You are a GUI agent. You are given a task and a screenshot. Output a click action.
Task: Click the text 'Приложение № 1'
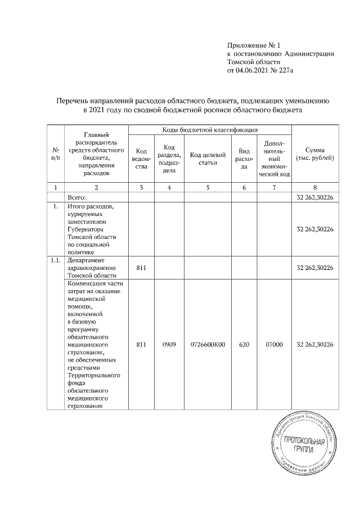pyautogui.click(x=253, y=44)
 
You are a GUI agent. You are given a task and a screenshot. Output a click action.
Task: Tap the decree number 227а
pyautogui.click(x=287, y=71)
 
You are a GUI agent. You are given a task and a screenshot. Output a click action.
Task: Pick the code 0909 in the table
pyautogui.click(x=169, y=344)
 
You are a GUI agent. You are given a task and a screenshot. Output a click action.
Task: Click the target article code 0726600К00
pyautogui.click(x=208, y=344)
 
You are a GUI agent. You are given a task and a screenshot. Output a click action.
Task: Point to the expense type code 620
pyautogui.click(x=244, y=344)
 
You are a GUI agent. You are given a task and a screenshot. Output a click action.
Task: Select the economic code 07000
pyautogui.click(x=274, y=344)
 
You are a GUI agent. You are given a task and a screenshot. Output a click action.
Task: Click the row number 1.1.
pyautogui.click(x=56, y=261)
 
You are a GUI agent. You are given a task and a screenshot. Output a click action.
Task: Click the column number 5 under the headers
pyautogui.click(x=208, y=188)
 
